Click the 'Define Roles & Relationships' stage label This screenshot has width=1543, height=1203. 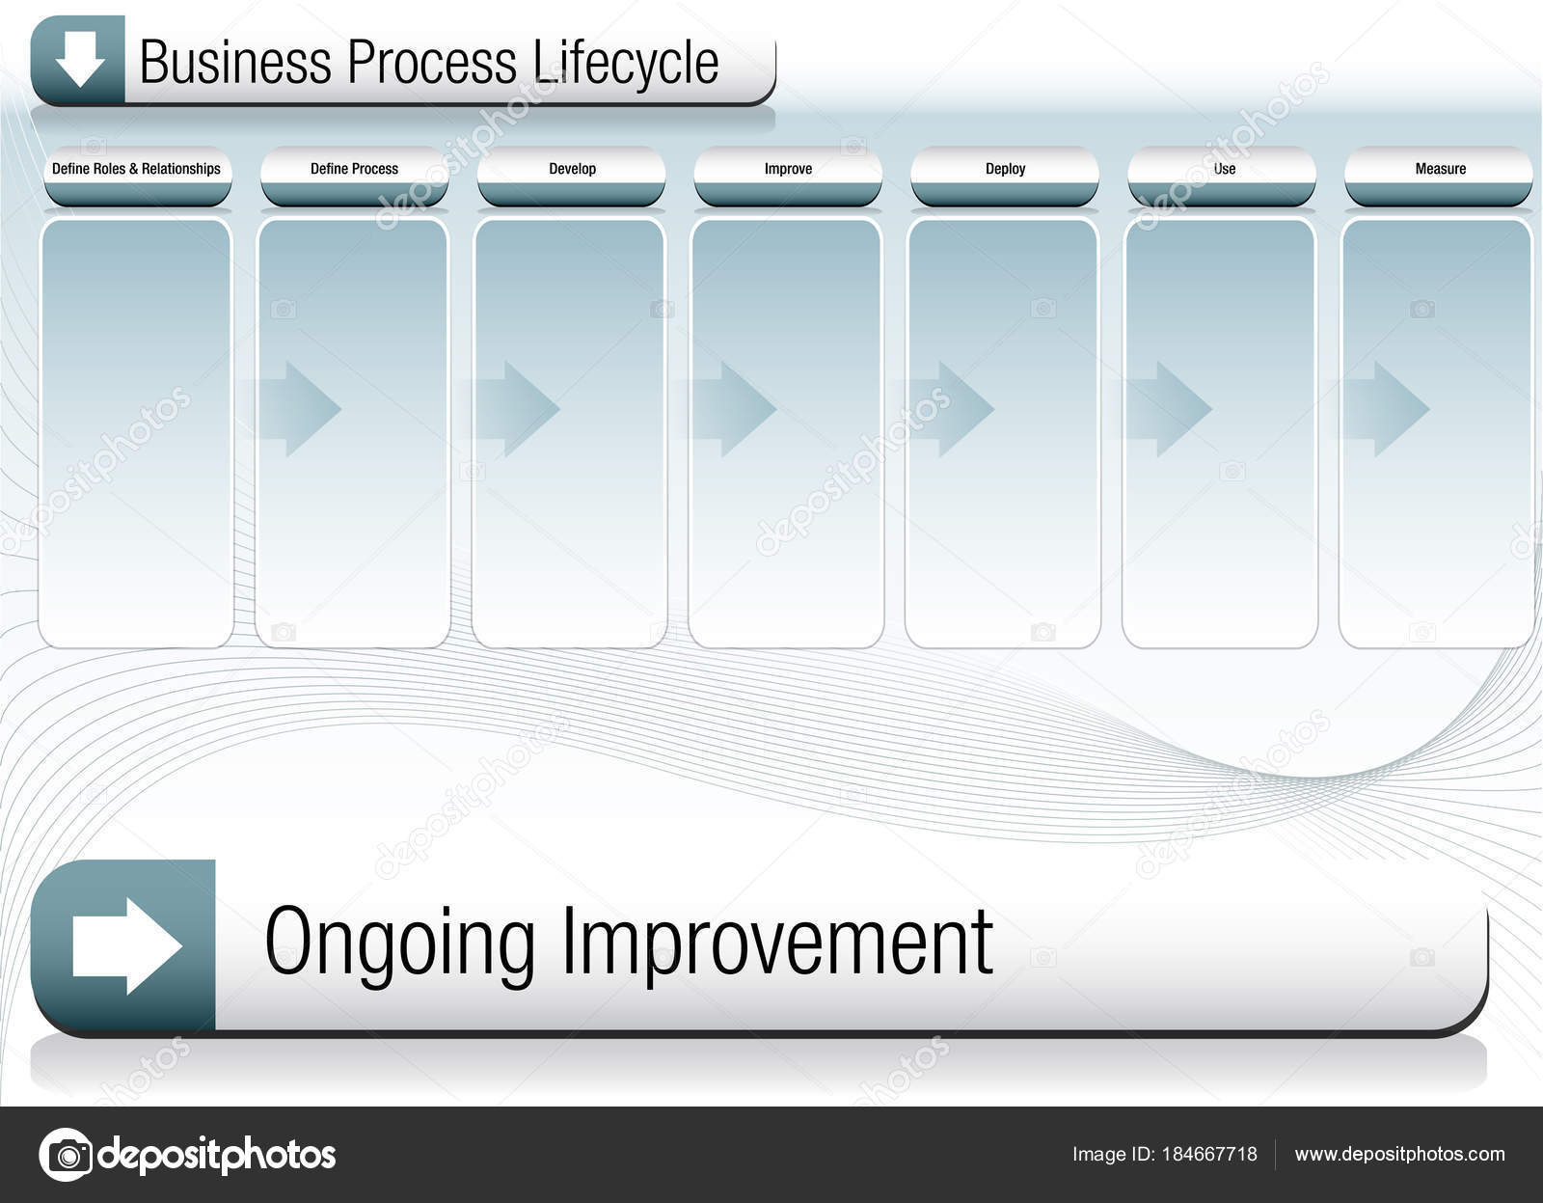click(136, 169)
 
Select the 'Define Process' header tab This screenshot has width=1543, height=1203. click(354, 169)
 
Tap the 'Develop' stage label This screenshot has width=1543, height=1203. click(572, 169)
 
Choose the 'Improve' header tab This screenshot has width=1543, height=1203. click(788, 169)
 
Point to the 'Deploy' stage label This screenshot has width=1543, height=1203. click(1005, 169)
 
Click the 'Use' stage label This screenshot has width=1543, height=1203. click(1224, 169)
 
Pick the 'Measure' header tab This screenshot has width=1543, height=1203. click(1440, 169)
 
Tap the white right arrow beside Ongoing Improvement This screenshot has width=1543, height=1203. click(125, 945)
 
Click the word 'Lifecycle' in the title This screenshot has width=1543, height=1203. click(625, 63)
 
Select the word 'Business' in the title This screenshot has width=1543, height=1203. click(235, 63)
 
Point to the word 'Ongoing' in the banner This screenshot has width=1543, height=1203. click(399, 943)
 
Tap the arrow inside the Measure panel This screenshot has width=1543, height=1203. click(1389, 408)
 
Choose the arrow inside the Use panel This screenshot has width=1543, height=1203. click(1171, 408)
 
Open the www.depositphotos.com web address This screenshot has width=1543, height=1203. click(1399, 1154)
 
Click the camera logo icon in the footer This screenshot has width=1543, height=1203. click(67, 1155)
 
